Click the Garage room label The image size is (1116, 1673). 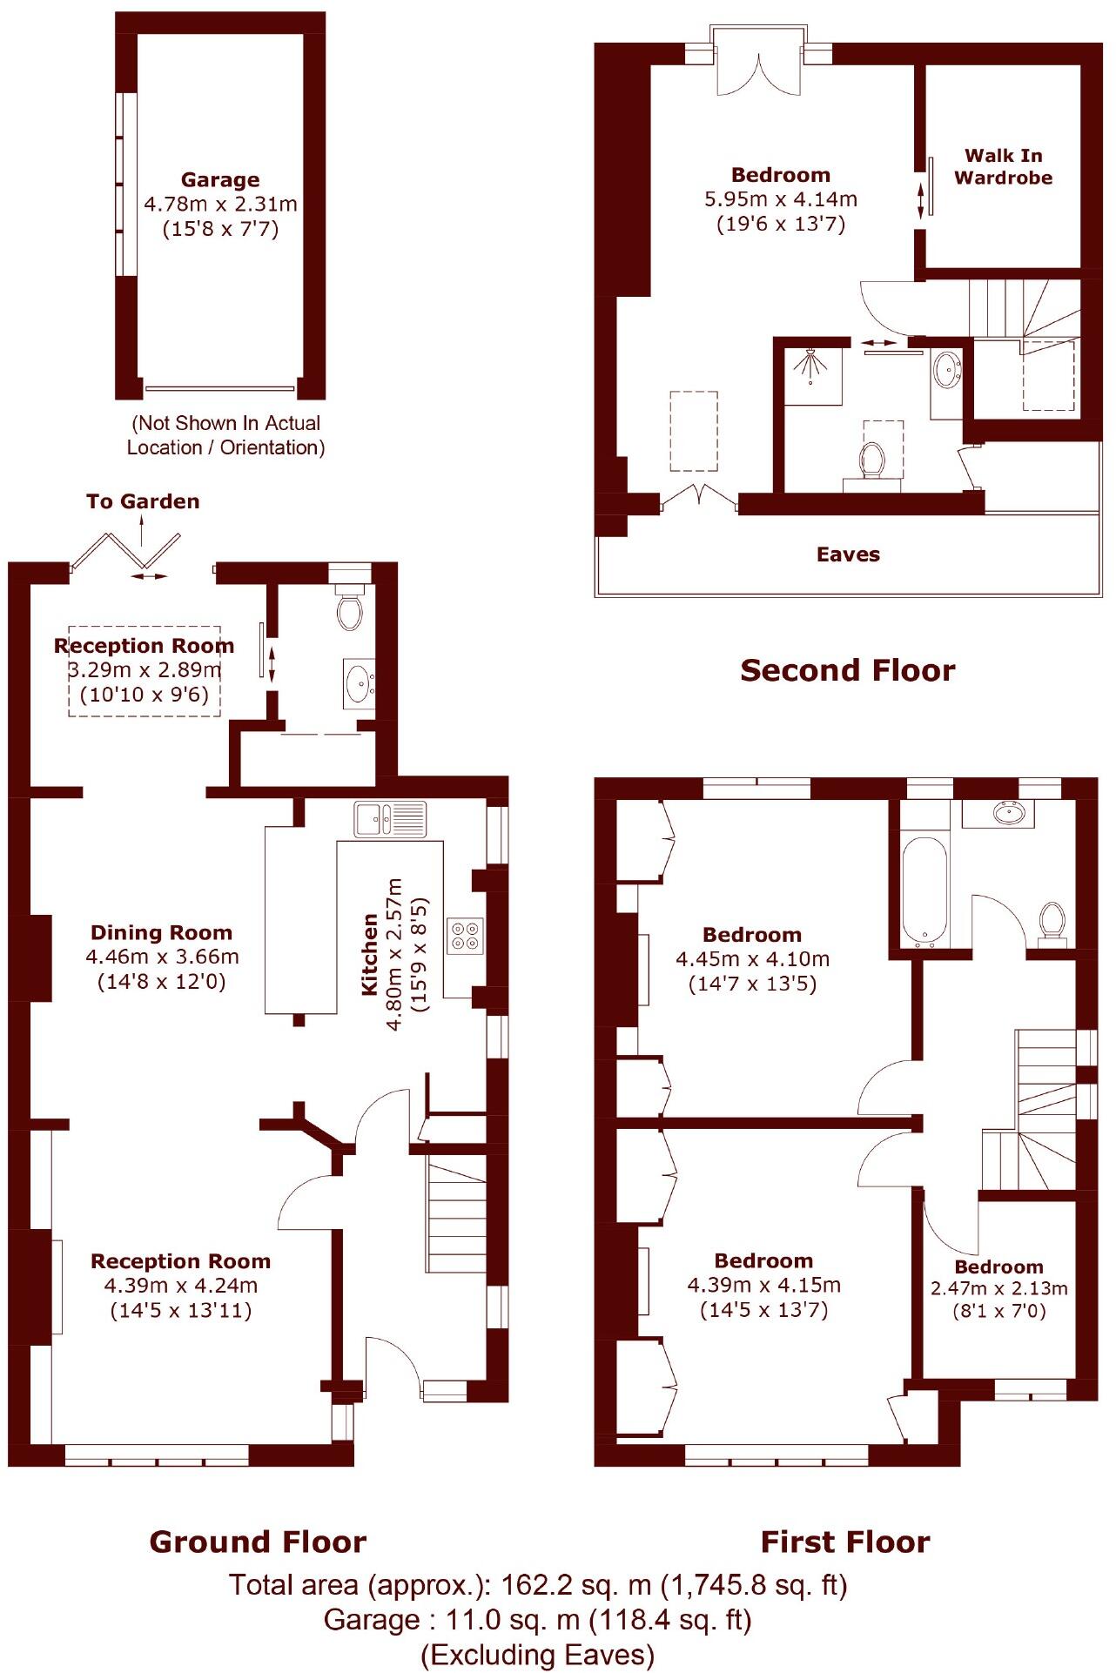click(x=219, y=180)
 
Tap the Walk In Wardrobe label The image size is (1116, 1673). click(x=1003, y=166)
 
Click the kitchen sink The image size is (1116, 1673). click(x=390, y=819)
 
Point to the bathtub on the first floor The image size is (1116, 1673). click(x=924, y=890)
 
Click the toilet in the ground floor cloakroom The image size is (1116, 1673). click(x=350, y=609)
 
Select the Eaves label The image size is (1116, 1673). click(x=848, y=554)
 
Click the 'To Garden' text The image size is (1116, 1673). click(x=143, y=501)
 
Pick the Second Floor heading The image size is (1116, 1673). click(x=847, y=670)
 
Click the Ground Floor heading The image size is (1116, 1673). click(x=258, y=1542)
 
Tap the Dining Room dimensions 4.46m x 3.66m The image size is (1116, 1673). click(x=162, y=957)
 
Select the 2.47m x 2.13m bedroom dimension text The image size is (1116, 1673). click(x=998, y=1288)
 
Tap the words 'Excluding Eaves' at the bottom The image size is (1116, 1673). click(x=537, y=1654)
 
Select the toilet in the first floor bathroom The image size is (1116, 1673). click(x=1052, y=923)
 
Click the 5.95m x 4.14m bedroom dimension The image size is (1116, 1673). click(x=780, y=199)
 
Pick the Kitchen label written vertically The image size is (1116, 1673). click(x=370, y=954)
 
